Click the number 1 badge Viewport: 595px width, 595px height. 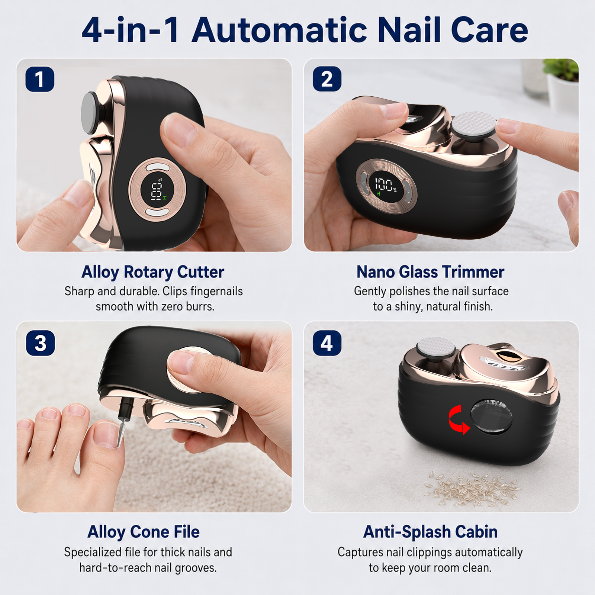click(40, 79)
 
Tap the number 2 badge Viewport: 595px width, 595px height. click(327, 79)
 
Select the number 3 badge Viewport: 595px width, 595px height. click(41, 343)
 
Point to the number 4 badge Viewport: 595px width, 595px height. click(327, 343)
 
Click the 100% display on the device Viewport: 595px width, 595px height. click(386, 185)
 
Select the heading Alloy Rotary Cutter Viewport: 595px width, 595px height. click(153, 272)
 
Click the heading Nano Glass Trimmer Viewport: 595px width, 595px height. click(430, 272)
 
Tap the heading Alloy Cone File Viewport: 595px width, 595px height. click(144, 532)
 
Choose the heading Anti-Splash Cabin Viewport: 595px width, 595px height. click(430, 532)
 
